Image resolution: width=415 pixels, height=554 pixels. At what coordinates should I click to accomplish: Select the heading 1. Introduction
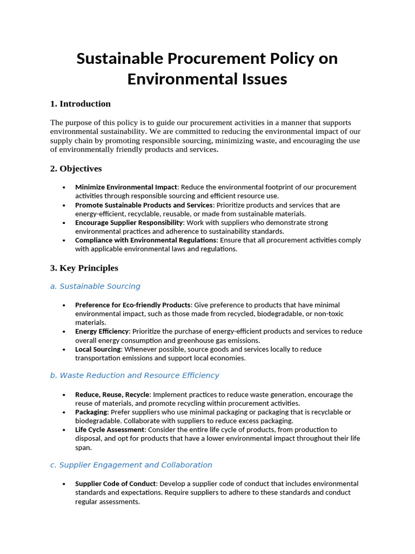pos(80,104)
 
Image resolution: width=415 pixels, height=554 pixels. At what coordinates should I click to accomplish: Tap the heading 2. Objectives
pos(76,169)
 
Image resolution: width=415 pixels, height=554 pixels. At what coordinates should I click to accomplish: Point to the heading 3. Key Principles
pos(84,268)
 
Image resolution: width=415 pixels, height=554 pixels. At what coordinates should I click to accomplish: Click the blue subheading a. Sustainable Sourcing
pos(95,286)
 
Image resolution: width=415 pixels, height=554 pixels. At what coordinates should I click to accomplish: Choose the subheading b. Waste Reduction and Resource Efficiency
pos(135,375)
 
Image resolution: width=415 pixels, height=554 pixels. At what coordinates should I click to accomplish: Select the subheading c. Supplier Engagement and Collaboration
pos(131,465)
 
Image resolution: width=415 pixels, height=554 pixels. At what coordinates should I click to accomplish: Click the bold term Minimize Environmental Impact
pos(126,187)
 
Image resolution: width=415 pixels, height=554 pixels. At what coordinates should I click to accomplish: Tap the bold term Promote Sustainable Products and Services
pos(144,205)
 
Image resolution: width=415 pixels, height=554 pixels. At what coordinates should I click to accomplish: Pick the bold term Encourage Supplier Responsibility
pos(129,222)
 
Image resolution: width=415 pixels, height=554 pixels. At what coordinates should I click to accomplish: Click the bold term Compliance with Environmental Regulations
pos(146,240)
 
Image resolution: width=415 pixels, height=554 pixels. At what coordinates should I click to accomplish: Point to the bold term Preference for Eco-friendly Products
pos(132,305)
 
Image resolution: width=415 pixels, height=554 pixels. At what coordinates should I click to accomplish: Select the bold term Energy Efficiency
pos(102,331)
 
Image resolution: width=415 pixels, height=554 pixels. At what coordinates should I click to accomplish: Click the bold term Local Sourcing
pos(98,349)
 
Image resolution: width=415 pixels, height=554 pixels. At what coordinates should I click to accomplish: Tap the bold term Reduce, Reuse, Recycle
pos(112,394)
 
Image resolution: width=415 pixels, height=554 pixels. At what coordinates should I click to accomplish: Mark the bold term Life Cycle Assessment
pos(110,430)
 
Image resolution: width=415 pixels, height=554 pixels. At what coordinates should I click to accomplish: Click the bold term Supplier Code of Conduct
pos(116,484)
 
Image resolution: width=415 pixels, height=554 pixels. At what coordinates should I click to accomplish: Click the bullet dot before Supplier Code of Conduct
pos(64,484)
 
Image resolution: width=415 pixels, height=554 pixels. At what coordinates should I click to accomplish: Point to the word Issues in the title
pos(261,79)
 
